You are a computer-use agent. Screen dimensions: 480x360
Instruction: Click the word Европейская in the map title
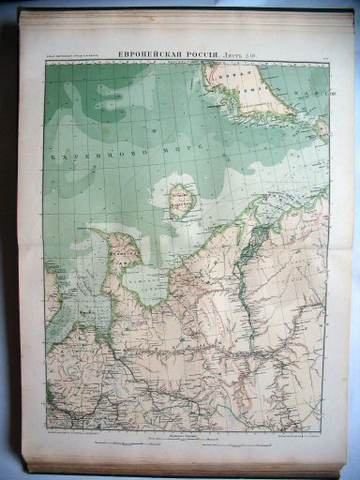(x=149, y=55)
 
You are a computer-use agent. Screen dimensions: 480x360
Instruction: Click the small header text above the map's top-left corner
(x=67, y=62)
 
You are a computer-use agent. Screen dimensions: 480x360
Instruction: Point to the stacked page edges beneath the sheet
(x=187, y=459)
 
